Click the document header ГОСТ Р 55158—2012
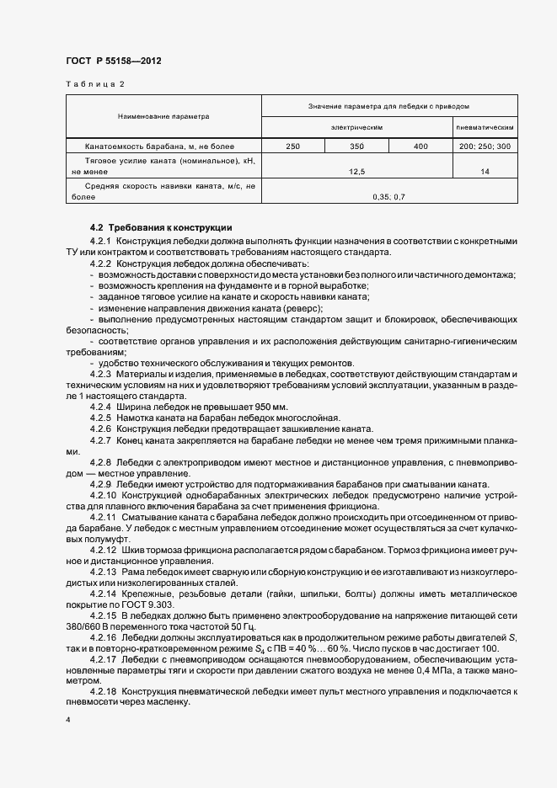(x=114, y=61)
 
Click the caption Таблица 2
(x=94, y=84)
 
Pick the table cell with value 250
(x=293, y=146)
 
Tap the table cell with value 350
(x=356, y=146)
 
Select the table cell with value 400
(x=420, y=146)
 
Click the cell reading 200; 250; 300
(x=485, y=146)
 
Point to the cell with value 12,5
(x=356, y=171)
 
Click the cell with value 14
(x=485, y=171)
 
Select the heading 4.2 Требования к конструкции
(x=160, y=228)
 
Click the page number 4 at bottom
(x=68, y=720)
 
